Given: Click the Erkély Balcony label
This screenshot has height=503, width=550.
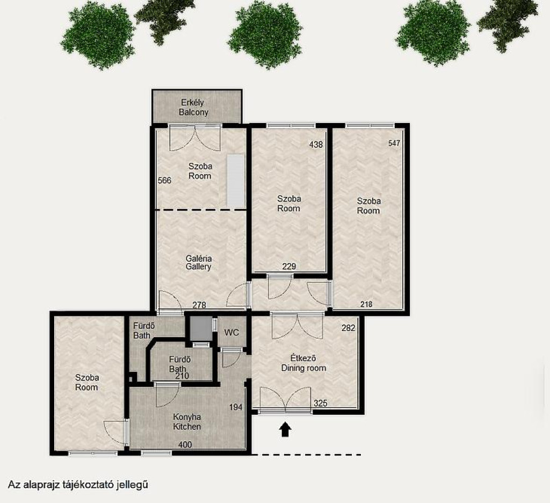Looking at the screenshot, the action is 193,107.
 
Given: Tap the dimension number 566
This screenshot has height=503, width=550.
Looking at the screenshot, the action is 164,181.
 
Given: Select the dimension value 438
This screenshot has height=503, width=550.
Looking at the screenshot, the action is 316,144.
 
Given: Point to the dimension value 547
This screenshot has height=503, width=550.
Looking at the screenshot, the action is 394,143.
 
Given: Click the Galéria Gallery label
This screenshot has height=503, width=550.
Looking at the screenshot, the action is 199,263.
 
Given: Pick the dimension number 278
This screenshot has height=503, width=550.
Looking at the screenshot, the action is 199,305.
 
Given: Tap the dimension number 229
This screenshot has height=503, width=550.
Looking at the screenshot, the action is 289,267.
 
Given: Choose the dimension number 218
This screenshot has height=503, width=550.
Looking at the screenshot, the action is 366,304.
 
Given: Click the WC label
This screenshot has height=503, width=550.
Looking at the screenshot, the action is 231,332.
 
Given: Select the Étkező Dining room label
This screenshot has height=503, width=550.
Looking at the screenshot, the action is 304,363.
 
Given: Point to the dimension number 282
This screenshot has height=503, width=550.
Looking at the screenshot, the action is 348,328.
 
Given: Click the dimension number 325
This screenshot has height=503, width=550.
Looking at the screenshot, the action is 320,403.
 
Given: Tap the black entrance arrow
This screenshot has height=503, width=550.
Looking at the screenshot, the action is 286,429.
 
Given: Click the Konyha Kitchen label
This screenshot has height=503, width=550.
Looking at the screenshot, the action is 187,422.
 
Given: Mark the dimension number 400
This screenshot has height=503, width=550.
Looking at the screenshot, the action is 185,445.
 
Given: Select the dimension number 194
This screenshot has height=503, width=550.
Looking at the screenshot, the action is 236,407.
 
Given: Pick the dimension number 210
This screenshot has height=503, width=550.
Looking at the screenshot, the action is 182,376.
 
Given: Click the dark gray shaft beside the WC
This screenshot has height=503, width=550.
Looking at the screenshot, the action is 201,328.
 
